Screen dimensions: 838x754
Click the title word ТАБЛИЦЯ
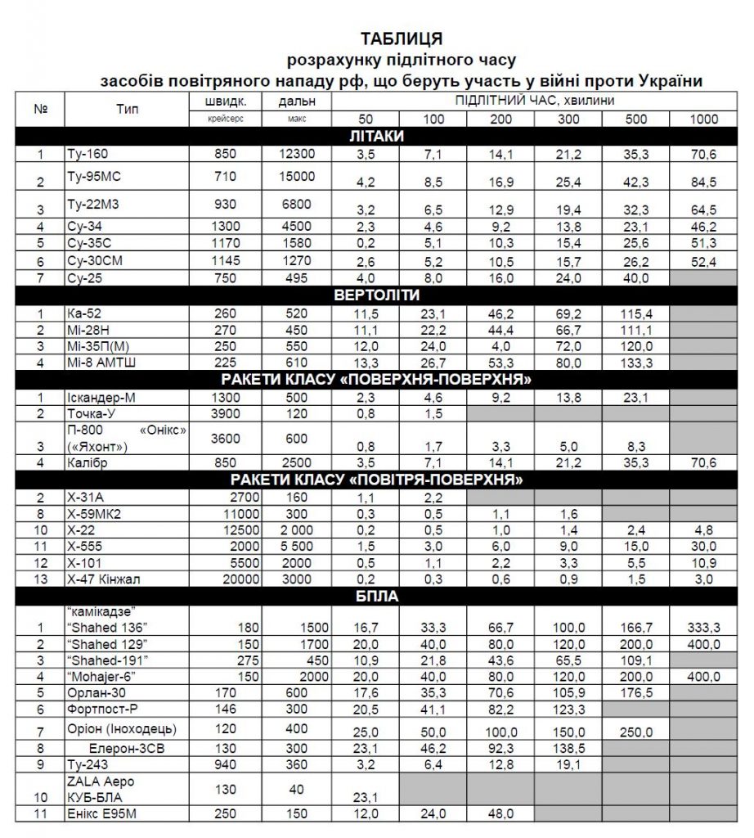pyautogui.click(x=402, y=38)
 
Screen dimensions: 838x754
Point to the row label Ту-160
pyautogui.click(x=86, y=154)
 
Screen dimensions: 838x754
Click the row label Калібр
pyautogui.click(x=88, y=462)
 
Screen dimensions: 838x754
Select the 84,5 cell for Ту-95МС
pyautogui.click(x=702, y=182)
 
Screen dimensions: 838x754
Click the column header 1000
pyautogui.click(x=702, y=119)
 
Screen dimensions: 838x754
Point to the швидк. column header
pyautogui.click(x=226, y=102)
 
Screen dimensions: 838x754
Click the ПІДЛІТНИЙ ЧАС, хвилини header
pyautogui.click(x=535, y=100)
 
